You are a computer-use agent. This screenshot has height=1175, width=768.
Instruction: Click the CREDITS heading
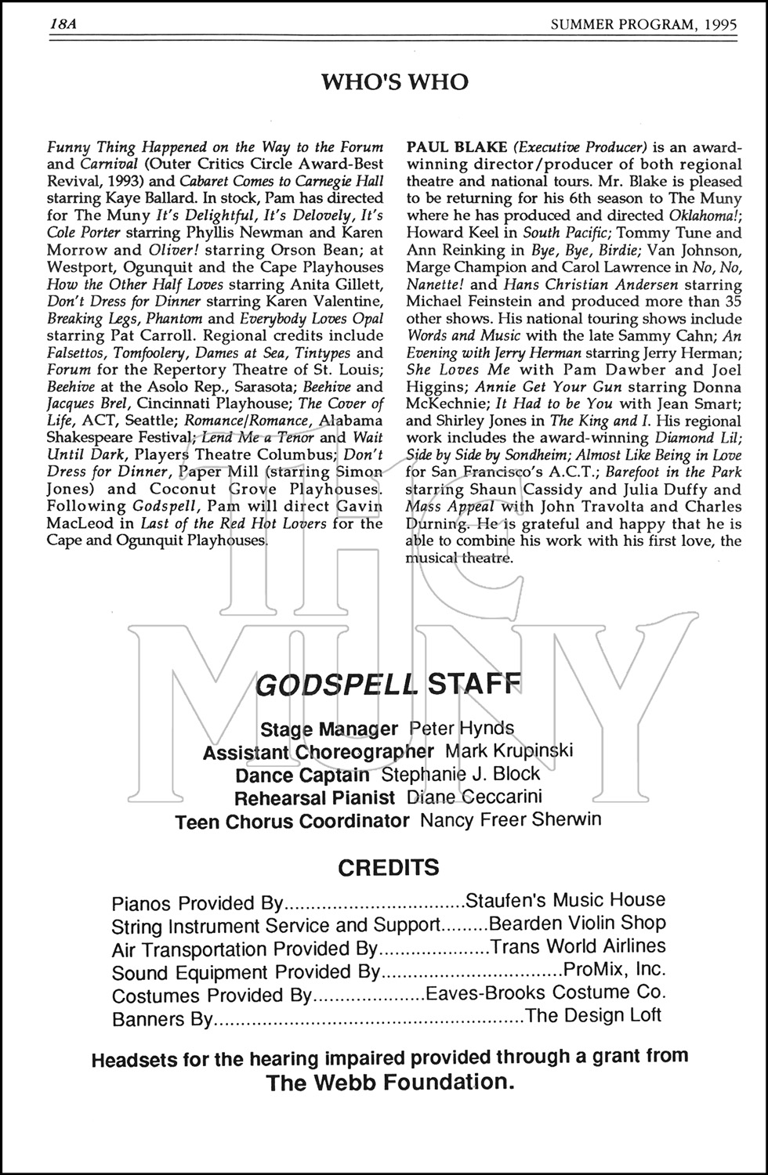388,868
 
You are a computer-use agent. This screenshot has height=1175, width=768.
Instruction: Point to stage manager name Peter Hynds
462,728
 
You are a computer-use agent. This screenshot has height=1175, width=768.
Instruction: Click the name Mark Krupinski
509,750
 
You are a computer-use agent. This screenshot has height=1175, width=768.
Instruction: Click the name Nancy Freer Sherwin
511,821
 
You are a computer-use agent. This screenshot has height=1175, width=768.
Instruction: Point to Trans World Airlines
578,947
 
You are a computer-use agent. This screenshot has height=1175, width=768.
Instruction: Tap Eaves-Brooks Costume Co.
545,993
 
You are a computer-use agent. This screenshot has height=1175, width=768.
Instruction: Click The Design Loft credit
593,1017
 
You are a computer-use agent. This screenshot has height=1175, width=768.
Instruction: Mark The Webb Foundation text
390,1083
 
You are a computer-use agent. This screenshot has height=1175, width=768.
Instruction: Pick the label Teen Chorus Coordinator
292,822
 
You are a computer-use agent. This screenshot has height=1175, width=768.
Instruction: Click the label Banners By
162,1020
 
